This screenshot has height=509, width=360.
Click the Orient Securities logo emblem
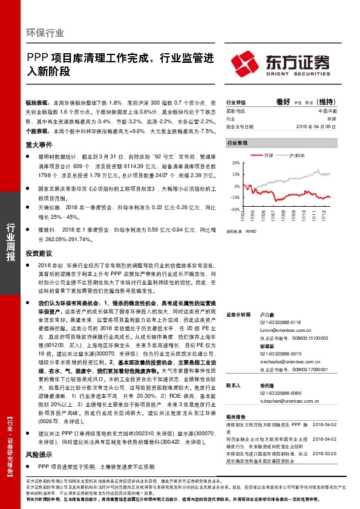click(246, 62)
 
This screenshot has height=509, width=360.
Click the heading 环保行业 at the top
click(45, 33)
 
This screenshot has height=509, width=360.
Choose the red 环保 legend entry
click(269, 156)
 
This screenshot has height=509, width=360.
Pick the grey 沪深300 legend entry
click(296, 156)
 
